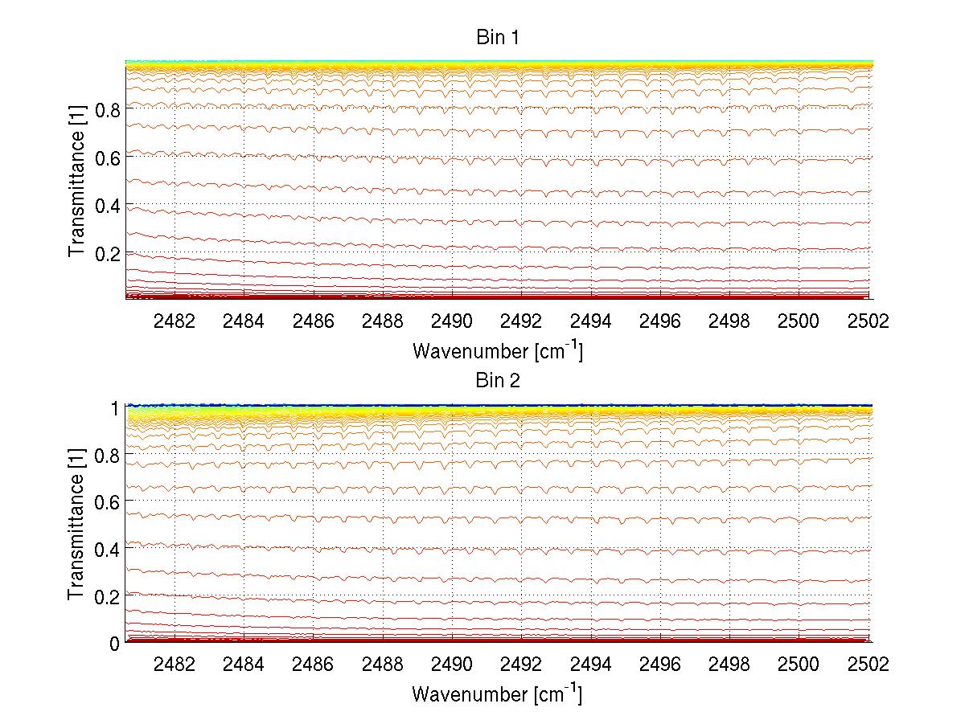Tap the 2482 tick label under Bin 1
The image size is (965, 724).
pos(174,321)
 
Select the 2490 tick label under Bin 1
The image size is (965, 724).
pos(452,321)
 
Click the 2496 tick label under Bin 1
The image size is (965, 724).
pos(660,321)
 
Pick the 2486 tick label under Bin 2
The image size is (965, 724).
pos(313,665)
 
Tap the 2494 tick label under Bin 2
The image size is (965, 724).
pos(591,665)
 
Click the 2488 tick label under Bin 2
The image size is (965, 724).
pos(382,665)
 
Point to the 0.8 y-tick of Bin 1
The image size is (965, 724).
pos(108,110)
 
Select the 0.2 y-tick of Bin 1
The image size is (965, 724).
pos(108,253)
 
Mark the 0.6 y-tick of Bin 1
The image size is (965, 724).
pos(108,158)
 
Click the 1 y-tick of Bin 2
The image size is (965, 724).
pos(116,407)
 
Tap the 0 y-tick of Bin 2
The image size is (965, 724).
pos(115,643)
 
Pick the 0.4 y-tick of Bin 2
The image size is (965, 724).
pos(108,549)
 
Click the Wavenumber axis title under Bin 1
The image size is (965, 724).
pos(497,350)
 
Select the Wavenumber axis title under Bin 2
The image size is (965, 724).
pos(497,693)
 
